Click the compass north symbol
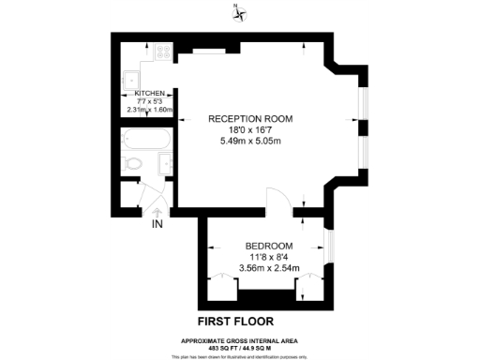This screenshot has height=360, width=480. pyautogui.click(x=240, y=12)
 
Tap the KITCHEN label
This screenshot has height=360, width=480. pyautogui.click(x=150, y=94)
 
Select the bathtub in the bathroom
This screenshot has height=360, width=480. pyautogui.click(x=145, y=142)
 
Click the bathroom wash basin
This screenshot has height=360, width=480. pyautogui.click(x=163, y=164)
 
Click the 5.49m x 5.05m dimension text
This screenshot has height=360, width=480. pyautogui.click(x=249, y=142)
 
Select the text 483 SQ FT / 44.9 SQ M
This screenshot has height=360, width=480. pyautogui.click(x=240, y=347)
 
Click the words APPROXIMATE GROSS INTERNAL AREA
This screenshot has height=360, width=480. pyautogui.click(x=240, y=339)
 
